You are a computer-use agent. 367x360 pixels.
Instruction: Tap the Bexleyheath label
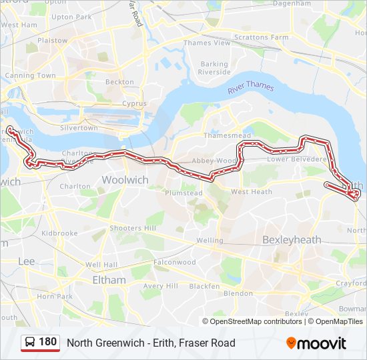coord(292,239)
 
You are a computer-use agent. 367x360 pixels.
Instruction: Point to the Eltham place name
coord(109,280)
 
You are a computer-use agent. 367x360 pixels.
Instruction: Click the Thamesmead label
coord(227,135)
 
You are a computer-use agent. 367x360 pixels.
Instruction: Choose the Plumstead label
coord(183,193)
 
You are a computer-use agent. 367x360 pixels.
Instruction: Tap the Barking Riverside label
coord(214,68)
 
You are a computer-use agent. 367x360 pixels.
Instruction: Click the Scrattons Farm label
coord(261,37)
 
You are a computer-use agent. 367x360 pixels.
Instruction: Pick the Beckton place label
coord(119,82)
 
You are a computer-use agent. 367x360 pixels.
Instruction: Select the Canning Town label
coord(31,75)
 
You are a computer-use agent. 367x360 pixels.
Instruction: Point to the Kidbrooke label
coord(59,233)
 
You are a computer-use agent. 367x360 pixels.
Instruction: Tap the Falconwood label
coord(175,262)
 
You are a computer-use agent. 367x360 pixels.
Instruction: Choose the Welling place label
coord(210,240)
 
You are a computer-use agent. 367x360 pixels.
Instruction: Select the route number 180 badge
coord(47,342)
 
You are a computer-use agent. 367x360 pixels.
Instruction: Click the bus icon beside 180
coord(30,343)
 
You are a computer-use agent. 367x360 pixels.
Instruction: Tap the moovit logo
coord(316,343)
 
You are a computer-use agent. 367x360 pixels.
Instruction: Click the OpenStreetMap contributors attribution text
coord(256,321)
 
